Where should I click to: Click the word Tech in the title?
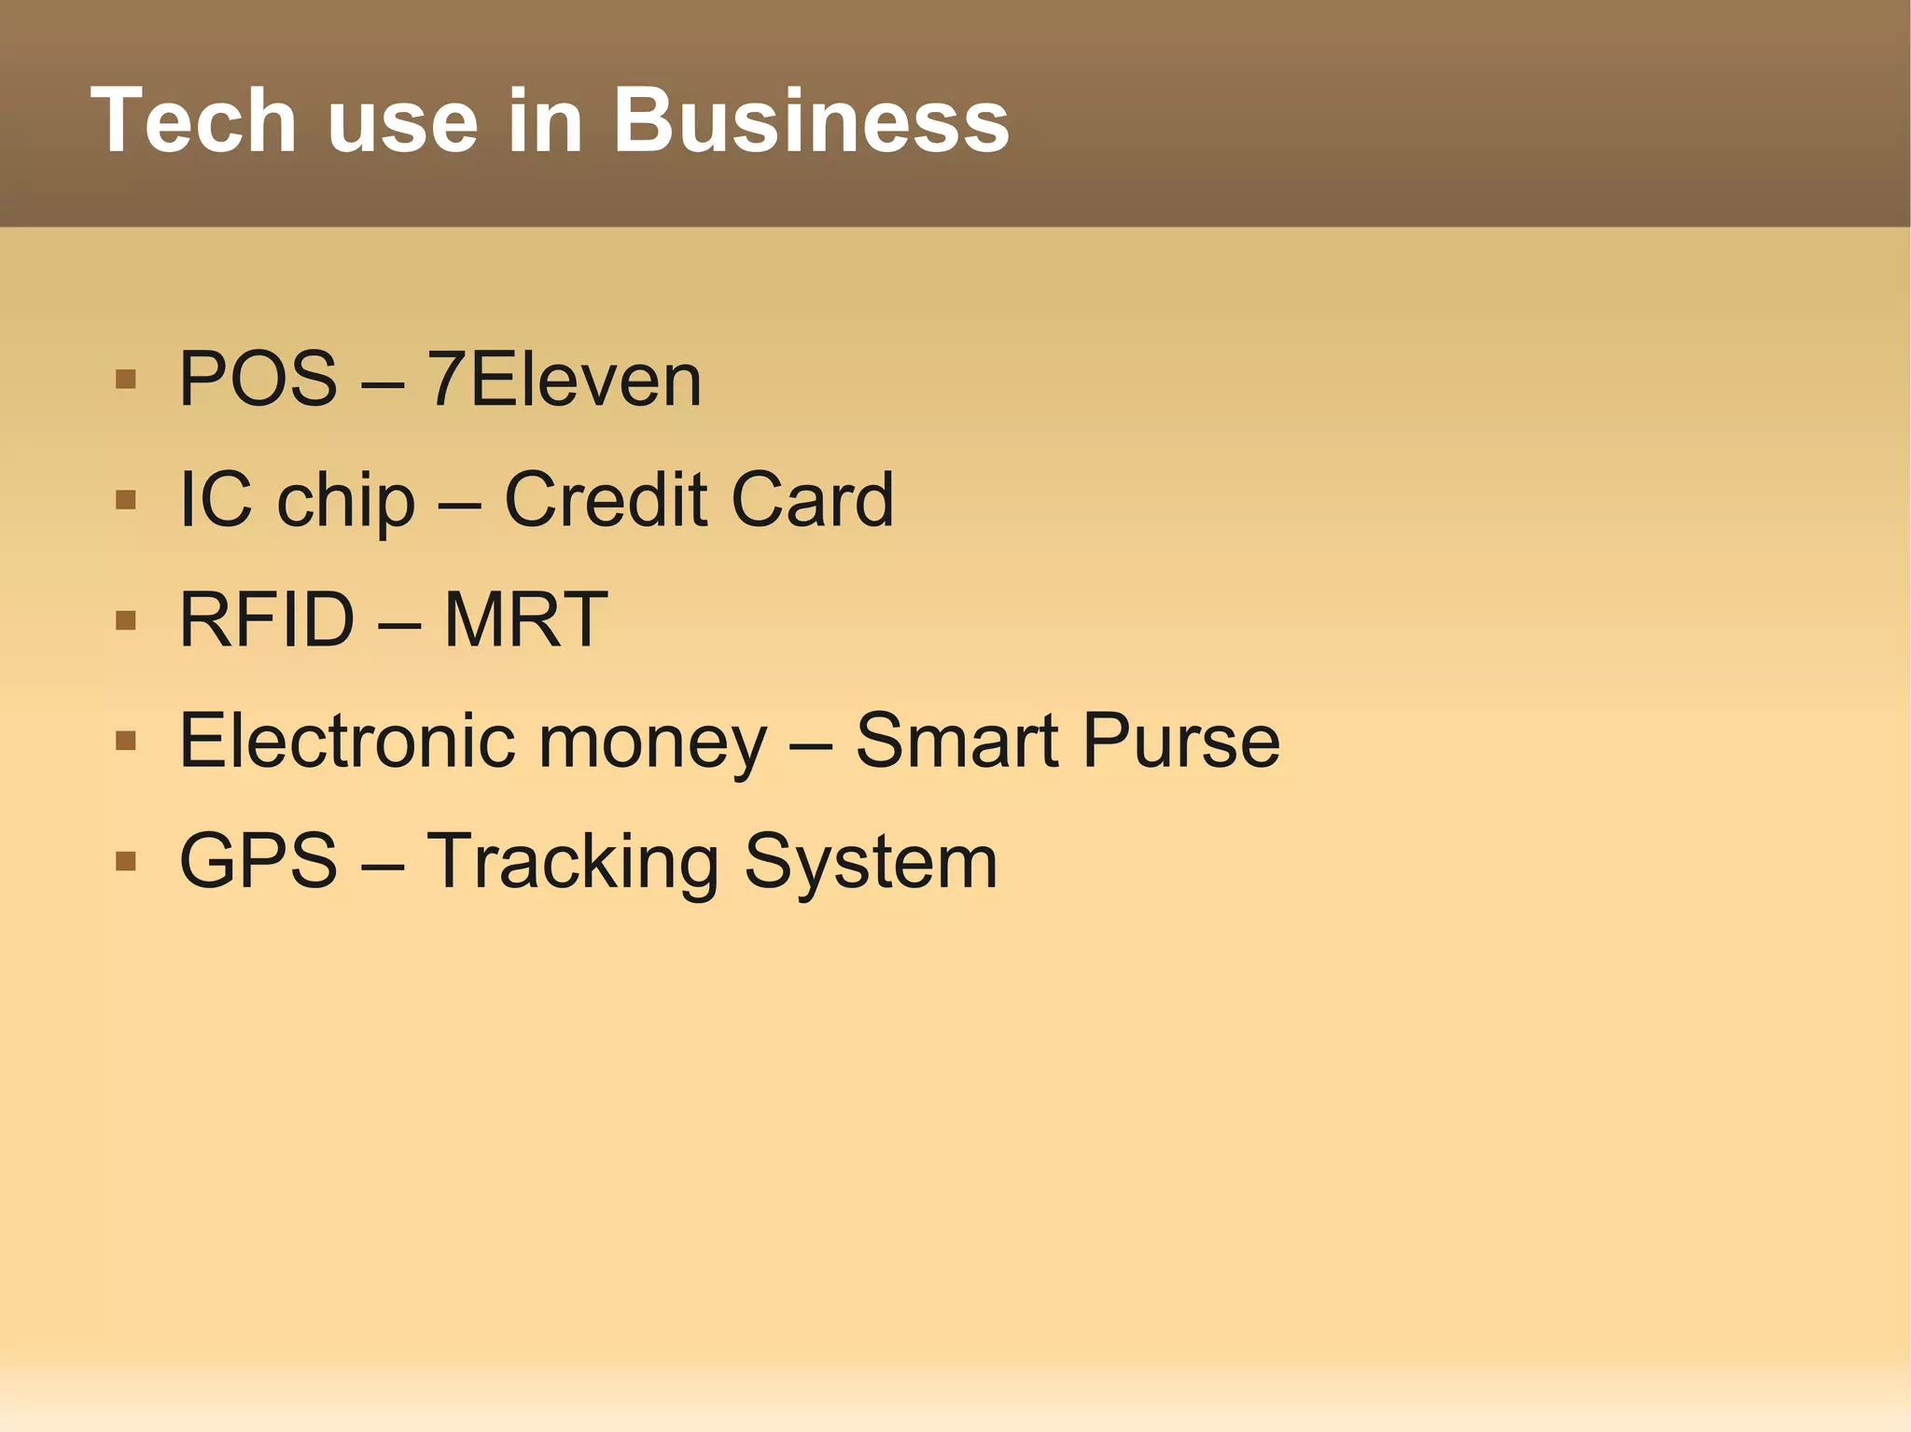click(x=193, y=120)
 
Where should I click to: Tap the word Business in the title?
click(x=810, y=120)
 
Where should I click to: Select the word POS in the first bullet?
click(x=258, y=379)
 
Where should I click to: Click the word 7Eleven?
click(x=564, y=379)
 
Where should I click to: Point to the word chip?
click(x=345, y=501)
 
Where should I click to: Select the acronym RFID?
click(x=267, y=619)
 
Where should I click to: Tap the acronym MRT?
click(x=525, y=619)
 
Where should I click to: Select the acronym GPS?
click(x=258, y=860)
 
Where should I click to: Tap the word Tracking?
click(x=573, y=862)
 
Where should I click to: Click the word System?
click(x=871, y=862)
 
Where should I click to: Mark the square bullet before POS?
click(x=126, y=380)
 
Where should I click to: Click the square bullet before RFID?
click(x=126, y=620)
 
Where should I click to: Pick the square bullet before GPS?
click(x=126, y=861)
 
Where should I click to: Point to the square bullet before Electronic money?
click(x=126, y=741)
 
